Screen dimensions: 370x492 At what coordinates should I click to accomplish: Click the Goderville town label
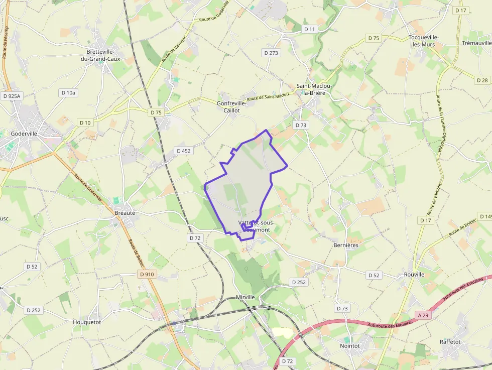[x=24, y=134]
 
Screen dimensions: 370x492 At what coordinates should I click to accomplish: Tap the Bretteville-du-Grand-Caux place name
[x=101, y=55]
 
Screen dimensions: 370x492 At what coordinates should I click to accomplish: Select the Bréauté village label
[x=125, y=212]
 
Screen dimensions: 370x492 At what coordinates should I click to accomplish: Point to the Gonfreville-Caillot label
[x=231, y=106]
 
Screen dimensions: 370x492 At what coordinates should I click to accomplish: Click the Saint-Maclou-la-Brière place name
[x=314, y=89]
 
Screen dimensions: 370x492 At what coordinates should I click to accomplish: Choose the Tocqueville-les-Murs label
[x=423, y=41]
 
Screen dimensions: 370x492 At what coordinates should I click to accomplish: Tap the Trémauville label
[x=476, y=43]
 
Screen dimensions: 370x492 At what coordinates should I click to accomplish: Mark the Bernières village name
[x=346, y=245]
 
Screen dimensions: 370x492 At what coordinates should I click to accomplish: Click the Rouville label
[x=414, y=275]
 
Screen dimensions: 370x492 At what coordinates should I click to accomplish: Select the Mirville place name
[x=245, y=297]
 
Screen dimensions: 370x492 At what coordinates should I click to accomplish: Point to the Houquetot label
[x=87, y=322]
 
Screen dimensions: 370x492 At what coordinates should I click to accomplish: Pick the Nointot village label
[x=350, y=346]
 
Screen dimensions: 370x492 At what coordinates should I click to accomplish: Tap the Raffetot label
[x=450, y=342]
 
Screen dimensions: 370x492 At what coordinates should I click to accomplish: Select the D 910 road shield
[x=147, y=274]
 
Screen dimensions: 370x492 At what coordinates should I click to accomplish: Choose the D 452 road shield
[x=183, y=151]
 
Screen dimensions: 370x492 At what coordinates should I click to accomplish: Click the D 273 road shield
[x=271, y=52]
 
